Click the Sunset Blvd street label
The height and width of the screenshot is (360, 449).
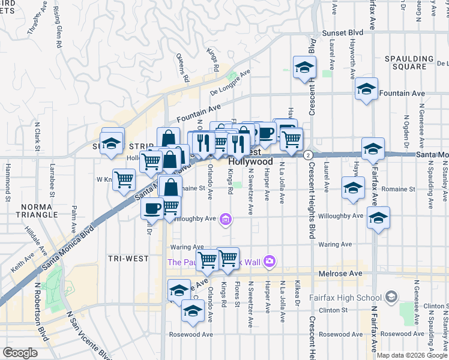pos(343,32)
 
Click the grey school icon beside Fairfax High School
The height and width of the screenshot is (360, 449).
pos(391,296)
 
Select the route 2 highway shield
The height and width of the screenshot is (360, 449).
pos(307,154)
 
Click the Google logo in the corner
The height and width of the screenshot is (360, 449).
pos(20,353)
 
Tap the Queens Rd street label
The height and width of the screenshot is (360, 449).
pos(182,67)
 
